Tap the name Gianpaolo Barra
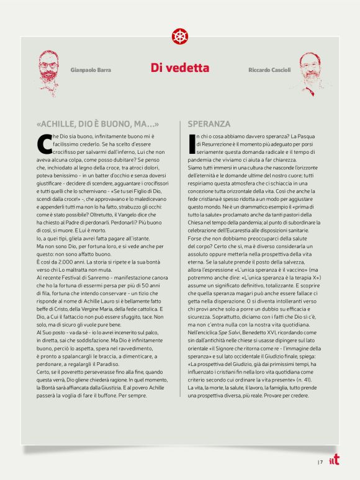[91, 70]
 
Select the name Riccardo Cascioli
[271, 70]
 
